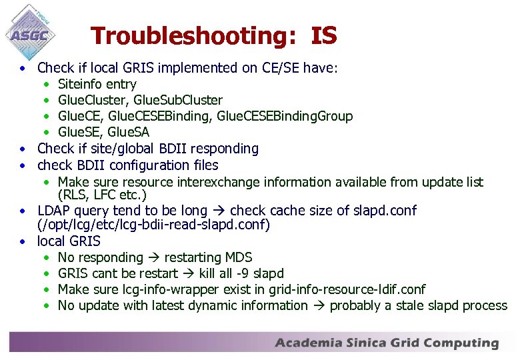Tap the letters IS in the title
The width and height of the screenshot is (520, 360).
point(323,35)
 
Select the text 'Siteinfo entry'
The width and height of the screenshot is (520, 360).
point(97,84)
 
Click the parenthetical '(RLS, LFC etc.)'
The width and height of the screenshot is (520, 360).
point(102,195)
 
